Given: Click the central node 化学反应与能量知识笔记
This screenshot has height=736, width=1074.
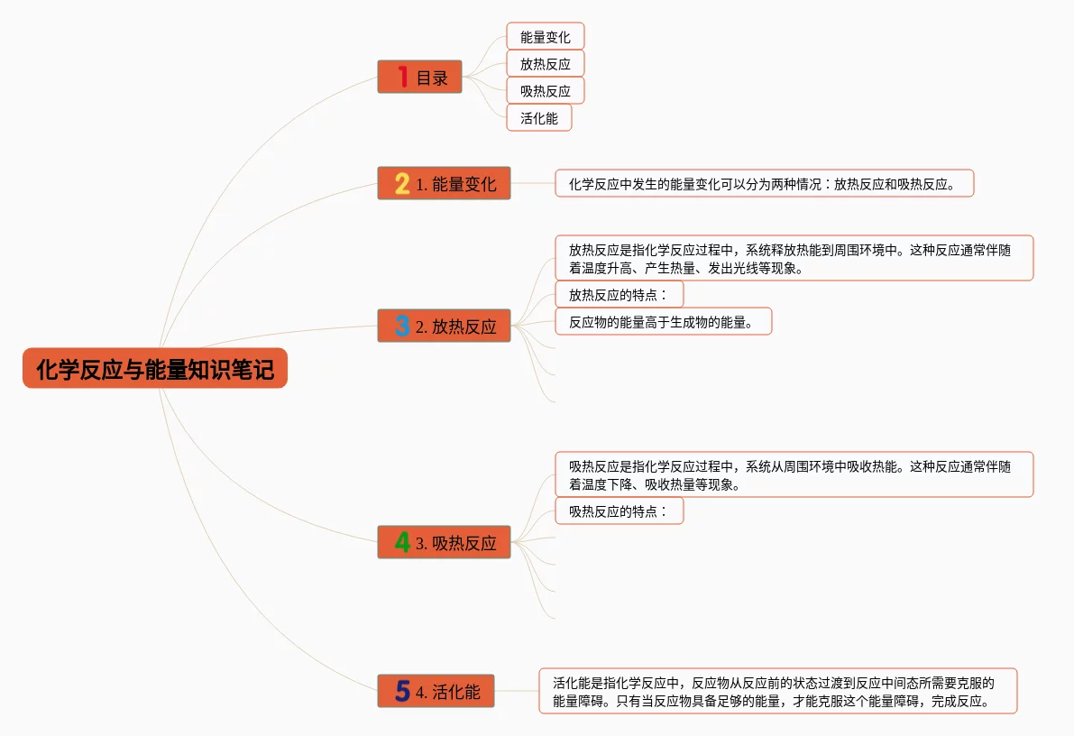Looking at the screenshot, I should click(154, 369).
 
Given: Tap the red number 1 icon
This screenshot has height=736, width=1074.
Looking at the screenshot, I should click(402, 78).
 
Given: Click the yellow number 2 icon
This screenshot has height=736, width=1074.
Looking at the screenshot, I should click(402, 184).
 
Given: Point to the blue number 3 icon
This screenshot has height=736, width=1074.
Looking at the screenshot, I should click(402, 327).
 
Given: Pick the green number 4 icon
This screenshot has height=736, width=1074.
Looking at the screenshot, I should click(402, 543).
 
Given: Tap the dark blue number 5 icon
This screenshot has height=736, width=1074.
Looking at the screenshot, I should click(402, 692).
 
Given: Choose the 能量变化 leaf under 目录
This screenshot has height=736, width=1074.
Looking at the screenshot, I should click(545, 37).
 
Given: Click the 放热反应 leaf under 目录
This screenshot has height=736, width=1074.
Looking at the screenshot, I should click(545, 64).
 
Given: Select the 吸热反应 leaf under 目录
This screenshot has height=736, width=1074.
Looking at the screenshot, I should click(545, 91).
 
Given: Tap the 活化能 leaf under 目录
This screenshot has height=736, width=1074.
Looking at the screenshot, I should click(538, 118).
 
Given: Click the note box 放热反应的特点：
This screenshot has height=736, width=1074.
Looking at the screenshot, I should click(619, 294).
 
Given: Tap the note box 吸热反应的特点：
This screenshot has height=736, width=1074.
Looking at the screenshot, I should click(619, 511).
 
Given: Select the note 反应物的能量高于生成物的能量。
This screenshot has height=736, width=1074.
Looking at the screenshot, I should click(663, 322).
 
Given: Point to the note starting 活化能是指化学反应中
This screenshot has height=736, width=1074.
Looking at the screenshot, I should click(777, 692).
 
